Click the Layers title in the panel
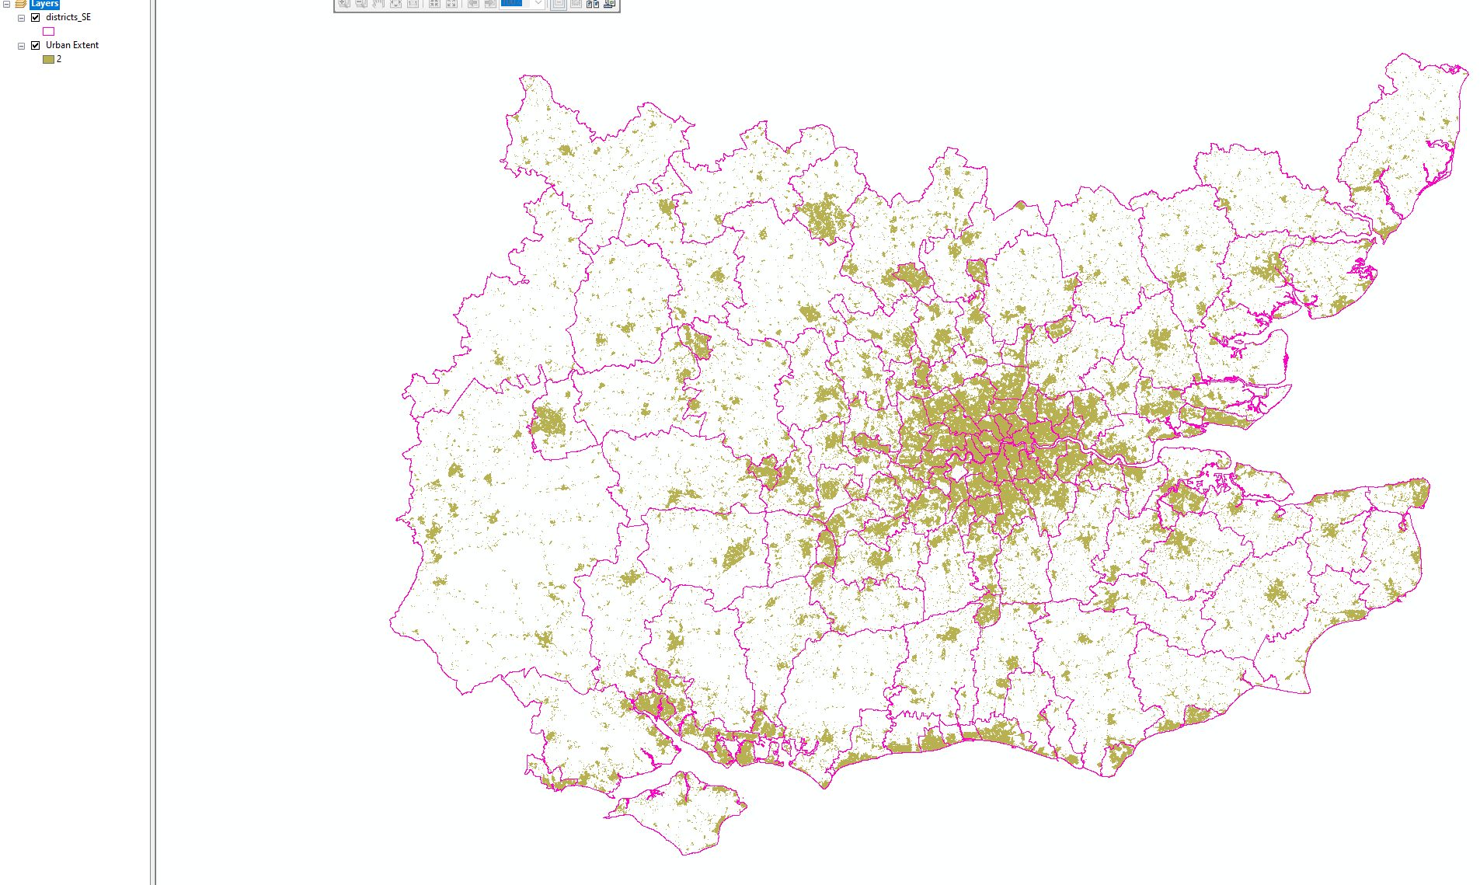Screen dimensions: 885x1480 point(44,4)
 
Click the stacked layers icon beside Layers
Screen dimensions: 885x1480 point(21,4)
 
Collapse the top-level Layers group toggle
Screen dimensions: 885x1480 point(6,4)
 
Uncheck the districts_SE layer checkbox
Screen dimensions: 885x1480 point(35,17)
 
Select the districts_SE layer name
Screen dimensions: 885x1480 point(68,17)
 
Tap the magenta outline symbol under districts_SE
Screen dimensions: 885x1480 point(48,31)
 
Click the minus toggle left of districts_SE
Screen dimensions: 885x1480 point(21,17)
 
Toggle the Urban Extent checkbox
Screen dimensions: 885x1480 point(35,45)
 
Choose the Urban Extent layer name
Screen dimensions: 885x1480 point(72,45)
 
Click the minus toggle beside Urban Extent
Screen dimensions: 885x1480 point(21,45)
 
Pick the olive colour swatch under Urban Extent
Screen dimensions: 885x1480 point(48,59)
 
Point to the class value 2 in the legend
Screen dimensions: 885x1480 point(59,59)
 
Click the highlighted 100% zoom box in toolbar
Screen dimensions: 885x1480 point(512,3)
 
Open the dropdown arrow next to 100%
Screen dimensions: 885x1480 point(538,3)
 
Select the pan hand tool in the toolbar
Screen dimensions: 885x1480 point(378,4)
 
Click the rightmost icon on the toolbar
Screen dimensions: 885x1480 point(610,4)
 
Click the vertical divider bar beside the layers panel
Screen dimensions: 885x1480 point(153,443)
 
